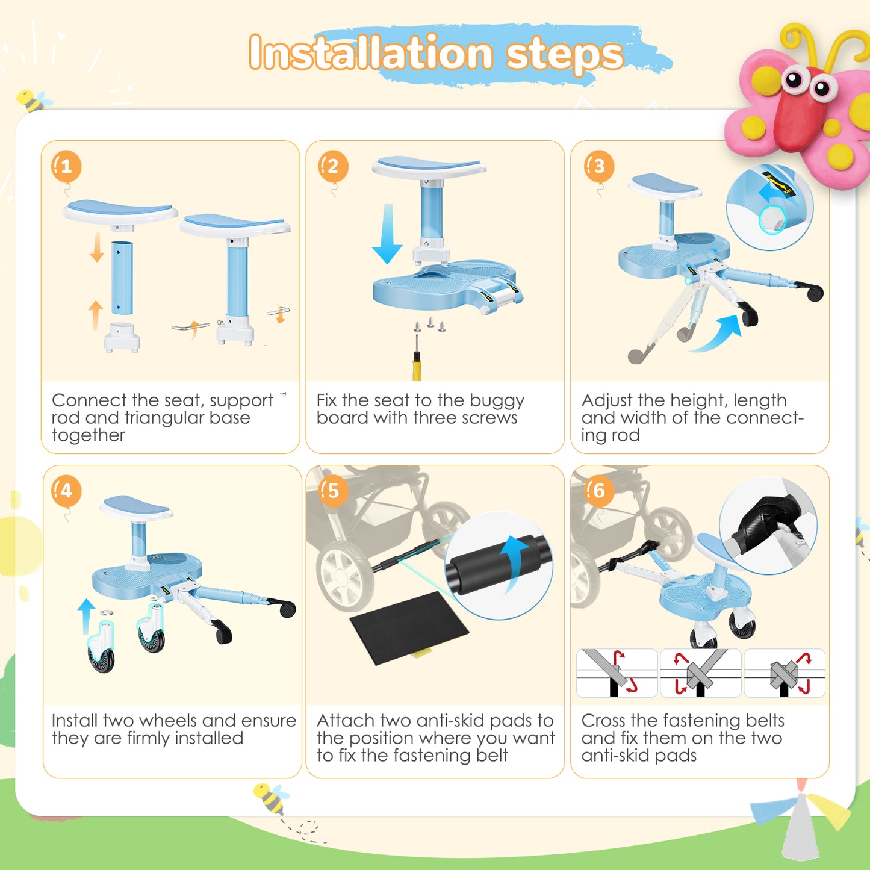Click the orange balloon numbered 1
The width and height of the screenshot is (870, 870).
(x=66, y=167)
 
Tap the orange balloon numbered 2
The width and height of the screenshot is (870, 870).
(x=333, y=167)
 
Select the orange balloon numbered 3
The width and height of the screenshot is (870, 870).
(x=598, y=167)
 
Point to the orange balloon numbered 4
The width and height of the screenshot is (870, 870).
(x=66, y=491)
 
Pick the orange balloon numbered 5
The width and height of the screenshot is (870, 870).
(x=333, y=491)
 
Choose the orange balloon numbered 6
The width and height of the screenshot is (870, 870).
(x=598, y=491)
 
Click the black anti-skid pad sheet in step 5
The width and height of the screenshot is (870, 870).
(x=409, y=628)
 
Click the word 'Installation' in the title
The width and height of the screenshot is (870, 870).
(x=370, y=53)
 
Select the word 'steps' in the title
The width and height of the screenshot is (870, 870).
(x=564, y=57)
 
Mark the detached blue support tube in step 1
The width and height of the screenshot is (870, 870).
(x=122, y=278)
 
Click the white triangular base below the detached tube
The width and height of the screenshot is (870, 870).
(x=122, y=337)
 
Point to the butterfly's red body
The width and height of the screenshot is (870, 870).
(x=798, y=113)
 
